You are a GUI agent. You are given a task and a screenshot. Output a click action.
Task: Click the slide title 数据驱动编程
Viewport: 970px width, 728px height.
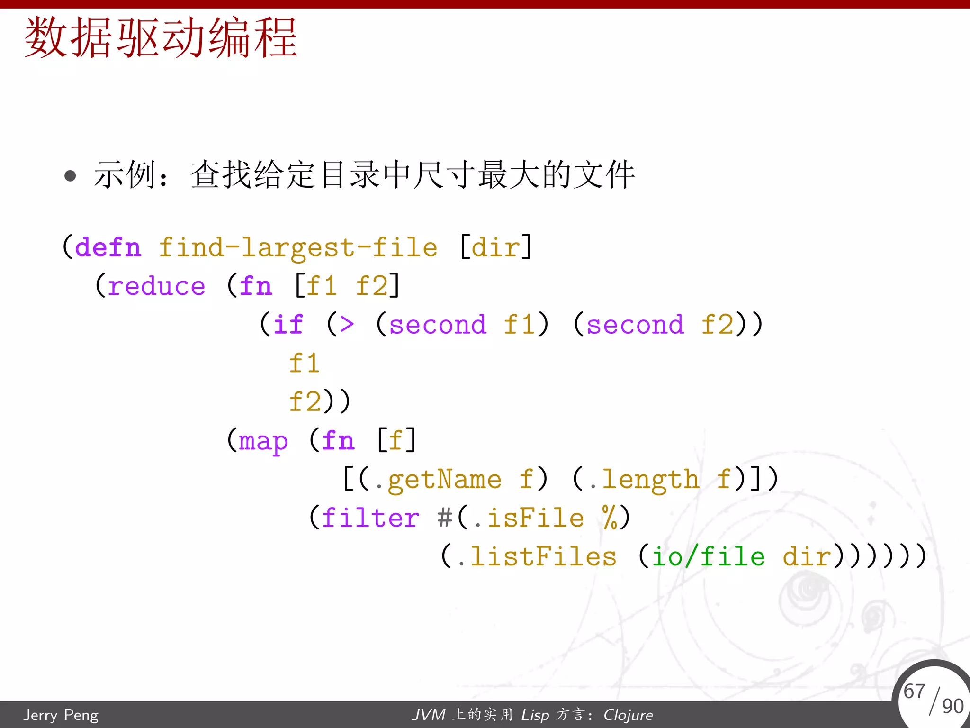coord(161,38)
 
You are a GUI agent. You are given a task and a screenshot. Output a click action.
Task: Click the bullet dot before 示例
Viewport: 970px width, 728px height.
coord(70,176)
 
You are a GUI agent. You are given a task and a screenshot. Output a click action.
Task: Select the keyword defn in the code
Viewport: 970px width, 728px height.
coord(108,248)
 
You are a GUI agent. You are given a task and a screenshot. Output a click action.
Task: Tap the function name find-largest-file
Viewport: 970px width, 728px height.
coord(298,248)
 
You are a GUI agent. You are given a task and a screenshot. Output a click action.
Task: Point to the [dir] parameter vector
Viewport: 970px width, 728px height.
coord(496,247)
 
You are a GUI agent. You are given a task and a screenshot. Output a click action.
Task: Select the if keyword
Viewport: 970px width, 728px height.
coord(287,325)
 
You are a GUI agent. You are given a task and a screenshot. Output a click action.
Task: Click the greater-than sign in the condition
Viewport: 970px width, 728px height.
coord(347,325)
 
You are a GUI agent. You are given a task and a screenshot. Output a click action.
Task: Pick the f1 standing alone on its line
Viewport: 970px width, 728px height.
coord(304,364)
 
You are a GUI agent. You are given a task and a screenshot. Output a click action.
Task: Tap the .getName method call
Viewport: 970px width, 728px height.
coord(438,480)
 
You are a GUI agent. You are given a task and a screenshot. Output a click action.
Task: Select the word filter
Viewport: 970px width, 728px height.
coord(370,518)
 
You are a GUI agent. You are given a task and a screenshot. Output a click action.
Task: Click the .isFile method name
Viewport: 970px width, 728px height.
coord(529,518)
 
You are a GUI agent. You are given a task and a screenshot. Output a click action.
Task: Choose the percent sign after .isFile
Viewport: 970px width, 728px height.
coord(610,517)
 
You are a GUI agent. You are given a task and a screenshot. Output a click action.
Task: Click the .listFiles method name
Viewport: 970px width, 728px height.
coord(537,557)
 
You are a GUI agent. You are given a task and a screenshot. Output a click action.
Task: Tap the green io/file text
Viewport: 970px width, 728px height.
coord(708,557)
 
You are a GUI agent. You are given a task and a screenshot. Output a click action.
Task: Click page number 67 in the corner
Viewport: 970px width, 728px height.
coord(914,691)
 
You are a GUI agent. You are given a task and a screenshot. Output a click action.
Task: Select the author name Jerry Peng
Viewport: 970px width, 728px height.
coord(61,715)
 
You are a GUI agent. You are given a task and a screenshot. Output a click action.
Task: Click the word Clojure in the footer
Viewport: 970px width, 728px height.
coord(628,715)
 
